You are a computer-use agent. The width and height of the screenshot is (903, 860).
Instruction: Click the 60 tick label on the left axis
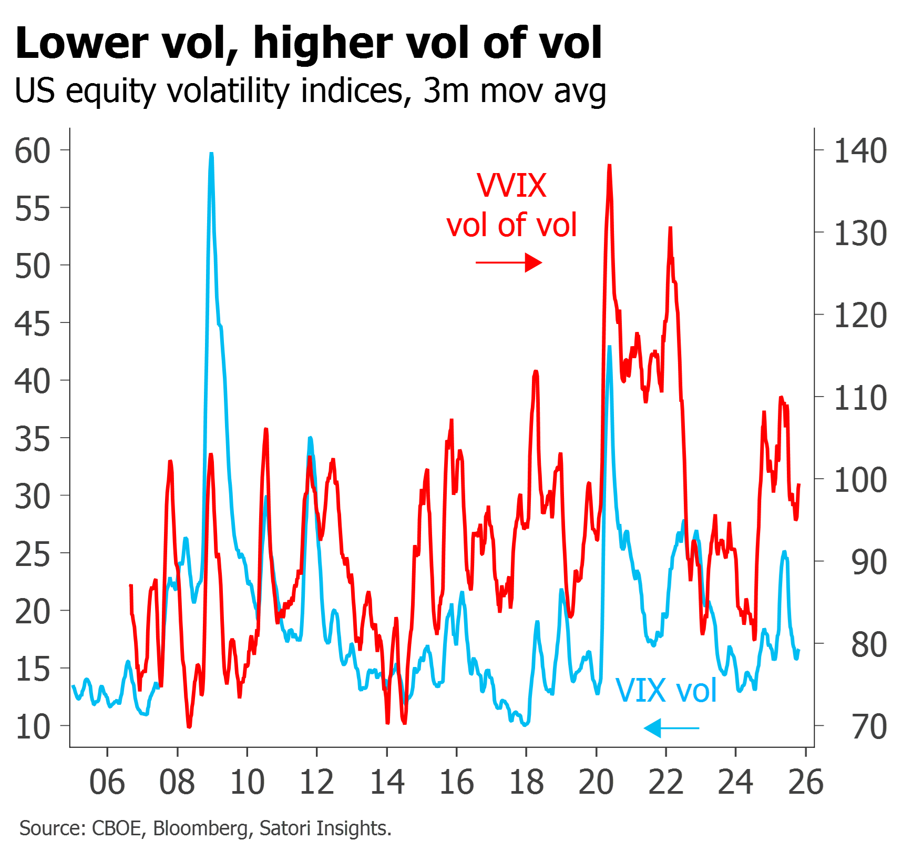[33, 151]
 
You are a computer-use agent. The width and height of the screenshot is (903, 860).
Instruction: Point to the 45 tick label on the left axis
[33, 324]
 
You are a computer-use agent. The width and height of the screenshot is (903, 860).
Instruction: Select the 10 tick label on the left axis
[33, 727]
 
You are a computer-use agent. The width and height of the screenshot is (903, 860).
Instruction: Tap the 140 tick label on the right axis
[860, 151]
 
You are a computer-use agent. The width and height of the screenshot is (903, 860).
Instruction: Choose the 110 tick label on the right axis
[860, 398]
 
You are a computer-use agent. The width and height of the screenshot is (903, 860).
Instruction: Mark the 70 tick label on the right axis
[870, 727]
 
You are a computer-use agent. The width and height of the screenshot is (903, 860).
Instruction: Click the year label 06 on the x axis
[107, 782]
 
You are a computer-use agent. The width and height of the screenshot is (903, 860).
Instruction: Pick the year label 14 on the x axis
[387, 782]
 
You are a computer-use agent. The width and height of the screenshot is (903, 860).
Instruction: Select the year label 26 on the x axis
[806, 782]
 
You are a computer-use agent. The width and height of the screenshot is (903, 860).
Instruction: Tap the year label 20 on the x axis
[597, 782]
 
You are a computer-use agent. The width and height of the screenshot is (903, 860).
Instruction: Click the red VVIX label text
[512, 186]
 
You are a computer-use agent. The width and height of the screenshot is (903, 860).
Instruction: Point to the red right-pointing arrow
[509, 262]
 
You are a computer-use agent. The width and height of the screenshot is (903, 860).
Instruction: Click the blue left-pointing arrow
[671, 728]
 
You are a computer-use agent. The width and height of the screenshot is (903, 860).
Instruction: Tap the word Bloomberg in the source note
[200, 828]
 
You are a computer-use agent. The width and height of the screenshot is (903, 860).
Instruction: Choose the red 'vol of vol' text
[512, 225]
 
